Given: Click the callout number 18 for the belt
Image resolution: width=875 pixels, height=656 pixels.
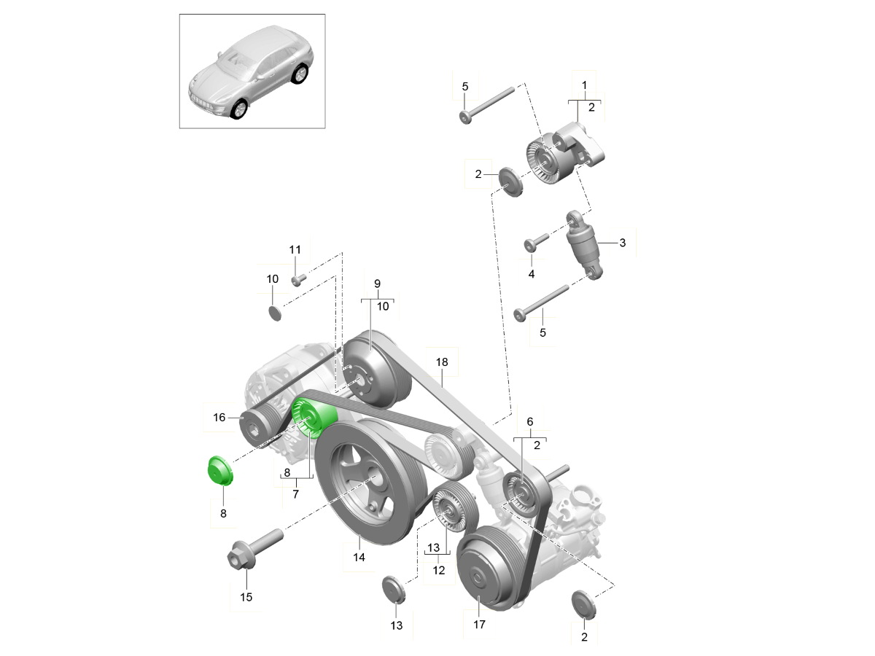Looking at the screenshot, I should [442, 362].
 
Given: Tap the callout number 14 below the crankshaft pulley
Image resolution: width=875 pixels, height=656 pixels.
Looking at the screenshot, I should [358, 557].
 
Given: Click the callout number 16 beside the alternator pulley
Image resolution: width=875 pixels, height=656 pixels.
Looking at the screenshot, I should [219, 418].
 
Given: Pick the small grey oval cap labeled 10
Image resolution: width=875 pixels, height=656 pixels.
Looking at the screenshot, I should [274, 313].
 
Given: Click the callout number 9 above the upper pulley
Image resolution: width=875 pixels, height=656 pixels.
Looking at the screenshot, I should [378, 283].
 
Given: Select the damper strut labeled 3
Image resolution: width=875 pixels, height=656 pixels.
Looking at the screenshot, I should [587, 248].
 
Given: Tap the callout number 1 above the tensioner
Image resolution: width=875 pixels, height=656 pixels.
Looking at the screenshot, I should [584, 85].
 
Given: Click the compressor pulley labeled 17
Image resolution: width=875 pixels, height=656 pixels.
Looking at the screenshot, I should [485, 573].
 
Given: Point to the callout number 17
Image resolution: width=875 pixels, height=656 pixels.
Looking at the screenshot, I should [478, 625].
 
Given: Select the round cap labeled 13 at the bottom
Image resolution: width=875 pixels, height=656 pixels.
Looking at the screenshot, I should [394, 589].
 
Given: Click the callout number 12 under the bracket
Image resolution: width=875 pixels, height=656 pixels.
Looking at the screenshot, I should [438, 571].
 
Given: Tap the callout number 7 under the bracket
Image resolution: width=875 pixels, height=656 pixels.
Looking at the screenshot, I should [296, 494].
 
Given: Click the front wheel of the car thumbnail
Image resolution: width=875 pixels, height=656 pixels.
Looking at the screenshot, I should [238, 110].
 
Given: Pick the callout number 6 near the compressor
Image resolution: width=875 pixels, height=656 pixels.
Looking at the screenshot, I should [530, 421].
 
